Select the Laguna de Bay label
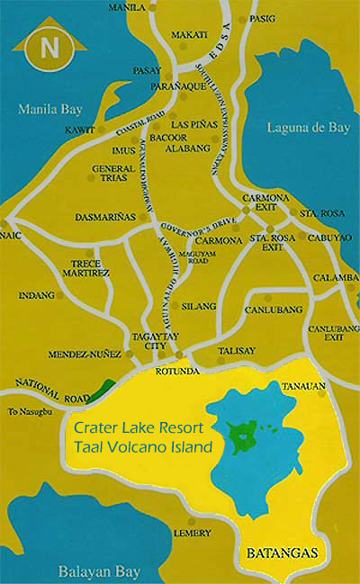[x=309, y=128]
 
